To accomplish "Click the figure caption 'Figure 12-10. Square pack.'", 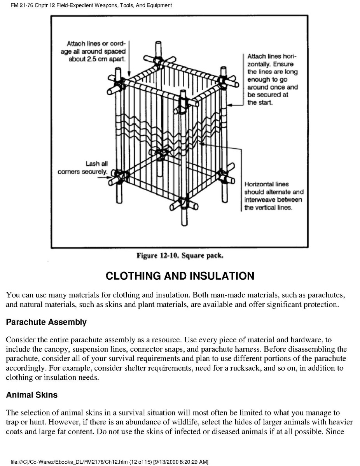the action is tap(180, 256).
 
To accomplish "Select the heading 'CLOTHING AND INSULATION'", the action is tap(180, 276).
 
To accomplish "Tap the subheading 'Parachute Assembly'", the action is tap(46, 322).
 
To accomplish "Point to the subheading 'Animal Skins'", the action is tap(32, 395).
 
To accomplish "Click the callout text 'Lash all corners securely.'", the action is tap(82, 168).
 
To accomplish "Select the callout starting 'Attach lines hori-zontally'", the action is tap(273, 79).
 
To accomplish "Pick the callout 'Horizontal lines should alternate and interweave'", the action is tap(274, 196).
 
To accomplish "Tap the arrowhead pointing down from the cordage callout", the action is tap(129, 74).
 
